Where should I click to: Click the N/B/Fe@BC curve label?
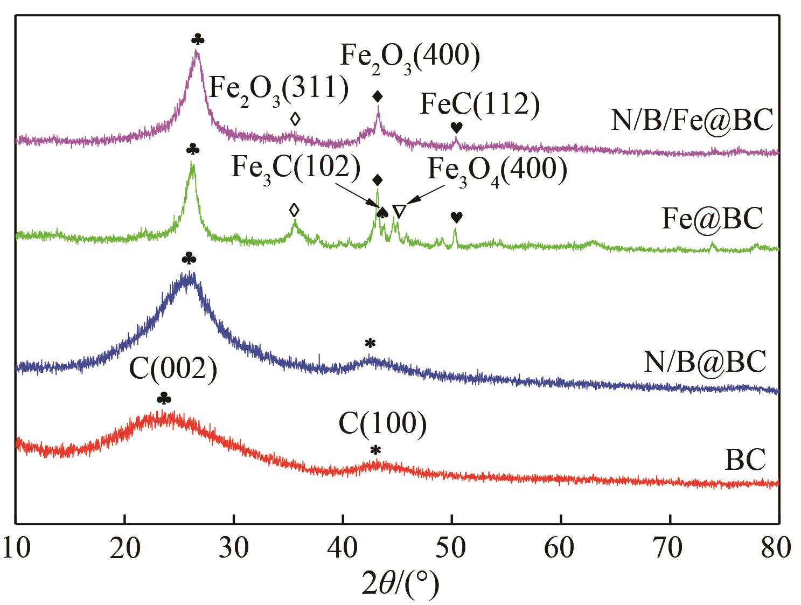point(692,120)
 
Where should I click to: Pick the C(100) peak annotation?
point(383,424)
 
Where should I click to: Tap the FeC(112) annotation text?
point(479,105)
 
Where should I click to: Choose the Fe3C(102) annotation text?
point(296,168)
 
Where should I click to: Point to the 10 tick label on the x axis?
point(16,548)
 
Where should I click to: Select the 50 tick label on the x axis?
point(452,548)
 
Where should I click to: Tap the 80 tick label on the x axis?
point(778,548)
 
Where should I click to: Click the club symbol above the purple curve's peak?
point(198,39)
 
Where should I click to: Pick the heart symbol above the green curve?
point(456,217)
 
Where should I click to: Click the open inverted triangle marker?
point(398,212)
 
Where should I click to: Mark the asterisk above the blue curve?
point(370,343)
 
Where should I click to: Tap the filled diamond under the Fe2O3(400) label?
point(378,96)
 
